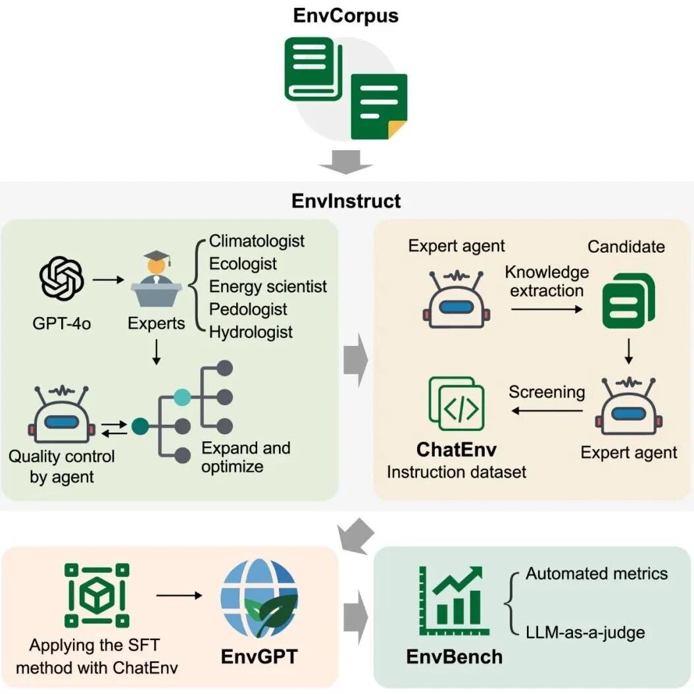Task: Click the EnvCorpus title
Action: click(x=345, y=16)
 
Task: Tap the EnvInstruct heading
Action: click(x=346, y=201)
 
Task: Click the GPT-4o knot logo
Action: click(x=62, y=279)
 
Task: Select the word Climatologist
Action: click(x=257, y=241)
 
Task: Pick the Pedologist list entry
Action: click(x=248, y=309)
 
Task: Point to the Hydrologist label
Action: click(x=251, y=332)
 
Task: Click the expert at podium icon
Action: click(x=157, y=279)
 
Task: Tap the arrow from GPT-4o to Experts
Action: click(x=109, y=280)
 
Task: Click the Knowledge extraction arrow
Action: click(x=547, y=309)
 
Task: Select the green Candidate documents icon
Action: click(x=628, y=301)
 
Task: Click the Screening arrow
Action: click(x=547, y=410)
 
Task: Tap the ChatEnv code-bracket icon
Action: click(x=457, y=404)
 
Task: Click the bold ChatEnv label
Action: click(x=457, y=450)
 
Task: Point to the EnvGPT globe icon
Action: click(x=259, y=598)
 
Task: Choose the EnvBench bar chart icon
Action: click(x=454, y=601)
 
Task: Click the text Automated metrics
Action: click(x=597, y=574)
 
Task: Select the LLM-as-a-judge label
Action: click(x=585, y=632)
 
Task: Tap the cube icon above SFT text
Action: click(x=97, y=595)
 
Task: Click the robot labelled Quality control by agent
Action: click(x=62, y=414)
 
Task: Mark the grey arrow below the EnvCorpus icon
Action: click(x=345, y=162)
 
